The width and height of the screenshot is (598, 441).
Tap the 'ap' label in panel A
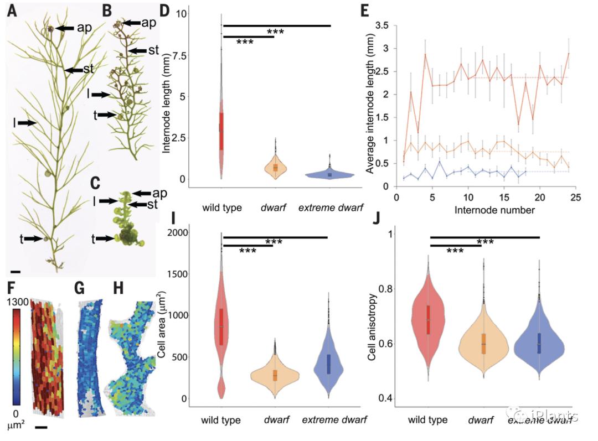84,27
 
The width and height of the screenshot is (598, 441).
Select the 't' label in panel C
95,238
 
